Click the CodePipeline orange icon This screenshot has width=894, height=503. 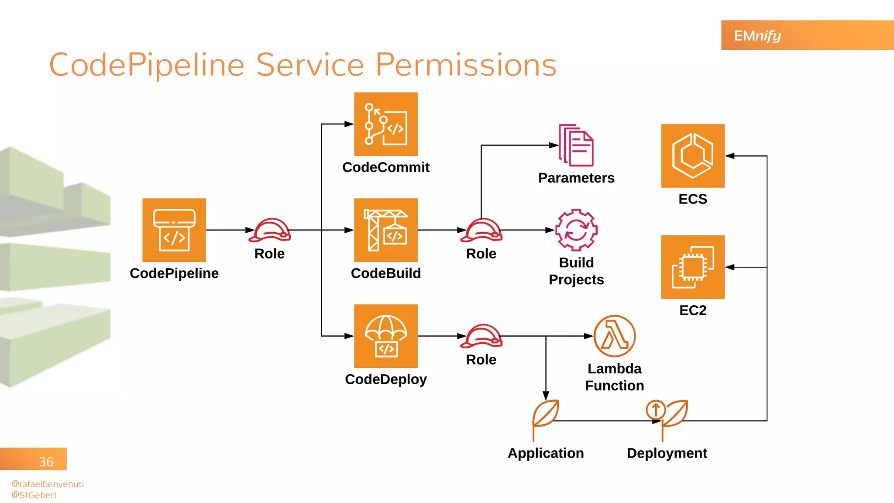tap(174, 230)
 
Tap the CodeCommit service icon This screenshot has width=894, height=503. tap(386, 124)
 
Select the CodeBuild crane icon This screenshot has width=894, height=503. tap(386, 230)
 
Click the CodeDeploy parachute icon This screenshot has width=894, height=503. tap(386, 336)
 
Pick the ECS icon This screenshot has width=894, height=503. tap(693, 156)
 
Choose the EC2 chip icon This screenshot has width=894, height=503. tap(693, 267)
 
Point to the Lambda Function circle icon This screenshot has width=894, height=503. tap(614, 336)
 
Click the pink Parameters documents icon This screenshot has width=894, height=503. tap(576, 145)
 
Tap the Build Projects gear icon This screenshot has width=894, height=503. tap(576, 230)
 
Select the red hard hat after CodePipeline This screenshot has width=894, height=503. tap(270, 230)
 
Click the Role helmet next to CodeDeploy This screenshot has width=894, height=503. tap(481, 336)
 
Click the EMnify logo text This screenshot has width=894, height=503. tap(757, 36)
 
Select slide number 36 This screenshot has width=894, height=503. tap(46, 462)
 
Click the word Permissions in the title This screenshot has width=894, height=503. tap(466, 65)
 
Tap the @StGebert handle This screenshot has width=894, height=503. tap(34, 495)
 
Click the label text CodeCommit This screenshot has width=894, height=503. tap(386, 167)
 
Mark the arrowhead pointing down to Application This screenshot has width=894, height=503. tap(546, 396)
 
